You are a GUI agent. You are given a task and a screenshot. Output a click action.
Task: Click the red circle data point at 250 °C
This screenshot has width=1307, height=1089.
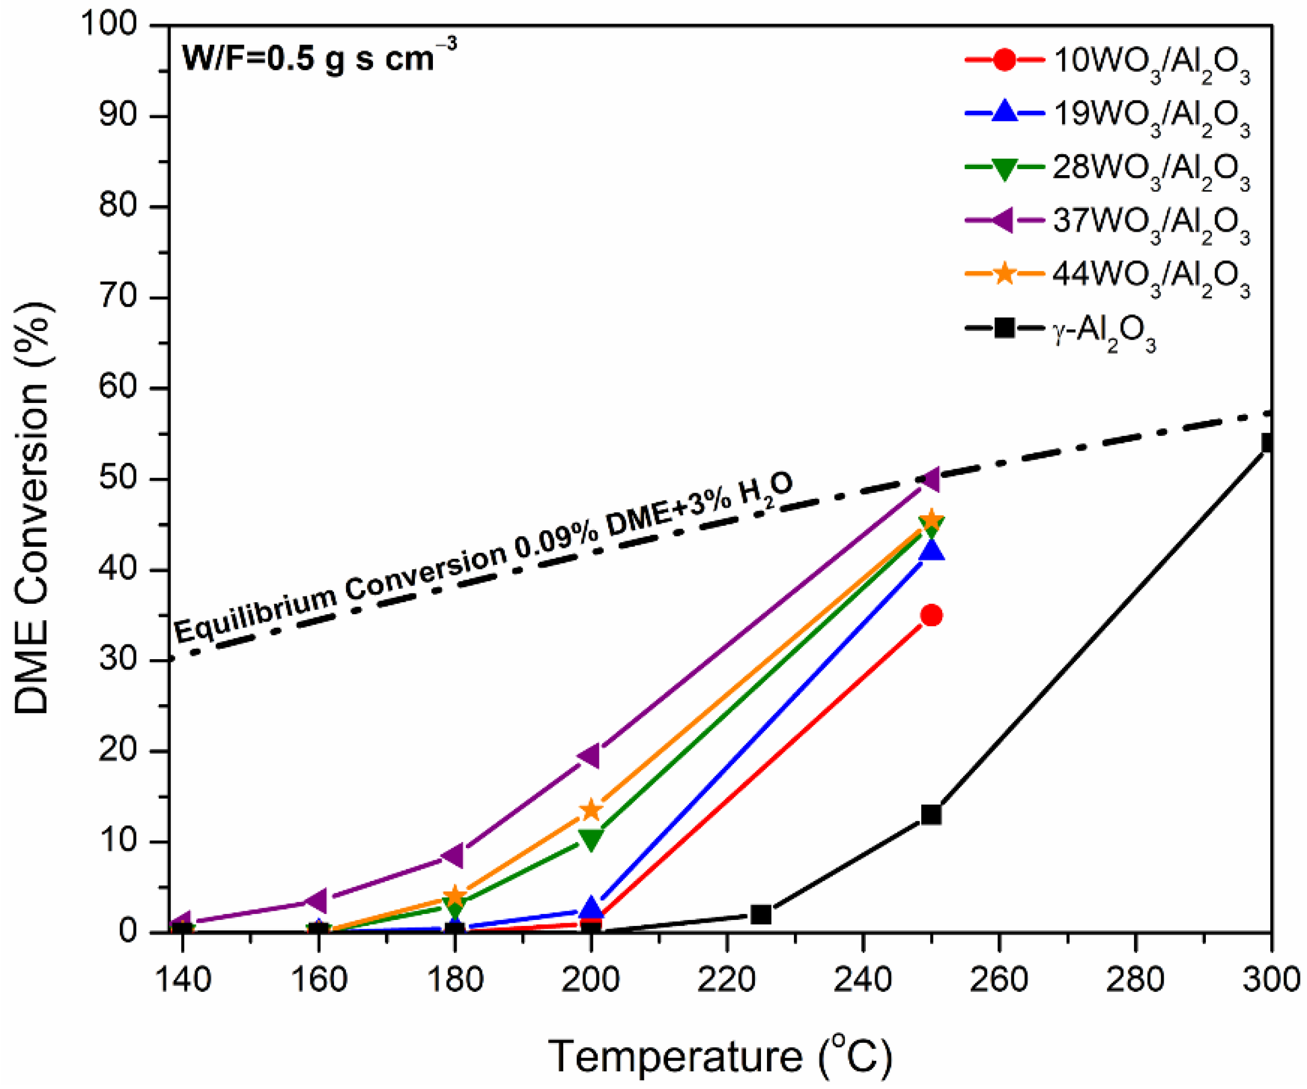[x=931, y=616]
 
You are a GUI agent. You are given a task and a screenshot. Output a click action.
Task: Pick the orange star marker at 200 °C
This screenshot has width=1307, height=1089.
[x=591, y=810]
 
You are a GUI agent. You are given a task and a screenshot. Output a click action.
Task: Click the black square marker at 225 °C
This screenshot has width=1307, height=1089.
[x=761, y=914]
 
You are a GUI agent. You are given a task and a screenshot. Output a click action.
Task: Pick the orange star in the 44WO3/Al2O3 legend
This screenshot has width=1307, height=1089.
[x=1004, y=274]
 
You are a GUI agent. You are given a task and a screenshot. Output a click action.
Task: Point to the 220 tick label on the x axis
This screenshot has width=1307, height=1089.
[x=726, y=980]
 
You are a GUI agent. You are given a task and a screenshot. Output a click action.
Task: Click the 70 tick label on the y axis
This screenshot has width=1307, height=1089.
[x=118, y=297]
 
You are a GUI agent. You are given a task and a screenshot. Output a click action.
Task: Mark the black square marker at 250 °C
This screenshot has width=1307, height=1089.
[x=931, y=815]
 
